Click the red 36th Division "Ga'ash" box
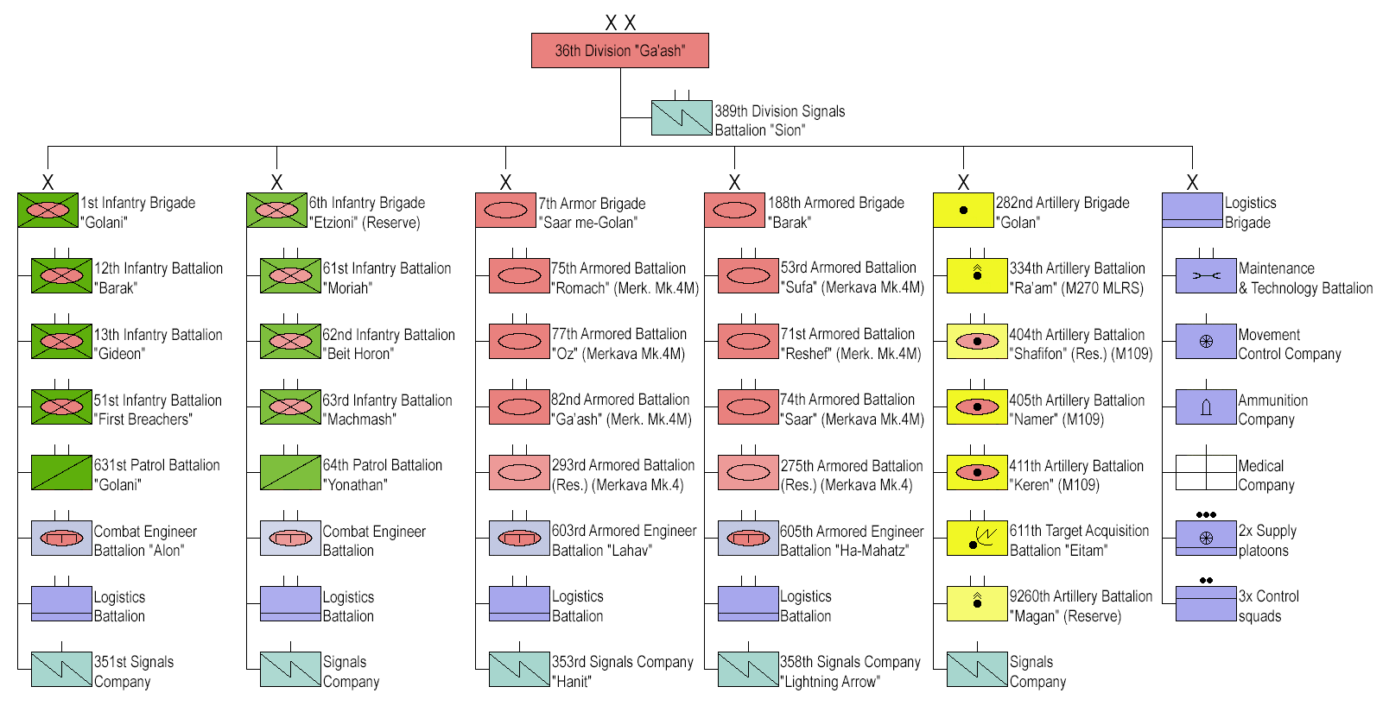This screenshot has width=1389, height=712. (x=619, y=51)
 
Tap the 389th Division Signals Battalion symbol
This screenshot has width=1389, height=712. (x=682, y=118)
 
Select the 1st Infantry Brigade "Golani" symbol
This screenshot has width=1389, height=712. (x=48, y=210)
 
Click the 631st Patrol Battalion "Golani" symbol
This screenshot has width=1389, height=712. (x=61, y=472)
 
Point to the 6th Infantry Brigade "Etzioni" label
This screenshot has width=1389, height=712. (x=367, y=212)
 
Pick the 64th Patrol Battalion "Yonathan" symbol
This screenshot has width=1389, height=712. (x=290, y=472)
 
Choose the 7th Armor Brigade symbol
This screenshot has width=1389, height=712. (x=505, y=211)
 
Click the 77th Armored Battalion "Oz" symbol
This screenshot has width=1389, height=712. (x=519, y=341)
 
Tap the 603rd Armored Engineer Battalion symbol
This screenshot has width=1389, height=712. (x=519, y=538)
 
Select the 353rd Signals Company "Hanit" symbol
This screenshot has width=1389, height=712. (x=519, y=669)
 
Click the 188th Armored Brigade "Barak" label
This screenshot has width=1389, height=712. (x=835, y=212)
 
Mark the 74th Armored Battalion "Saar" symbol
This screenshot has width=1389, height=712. (x=748, y=406)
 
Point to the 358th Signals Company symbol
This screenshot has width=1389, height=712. (x=748, y=669)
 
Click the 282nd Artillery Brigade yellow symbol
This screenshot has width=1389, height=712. (x=963, y=210)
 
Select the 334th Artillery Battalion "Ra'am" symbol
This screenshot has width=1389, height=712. (x=977, y=275)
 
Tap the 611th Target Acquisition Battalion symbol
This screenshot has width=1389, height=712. (x=977, y=538)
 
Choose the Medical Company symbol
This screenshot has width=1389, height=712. (x=1206, y=472)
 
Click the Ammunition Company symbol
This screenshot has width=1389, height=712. (x=1206, y=406)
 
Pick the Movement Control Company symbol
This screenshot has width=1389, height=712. (x=1206, y=341)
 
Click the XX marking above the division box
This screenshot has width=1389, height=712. (x=620, y=22)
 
